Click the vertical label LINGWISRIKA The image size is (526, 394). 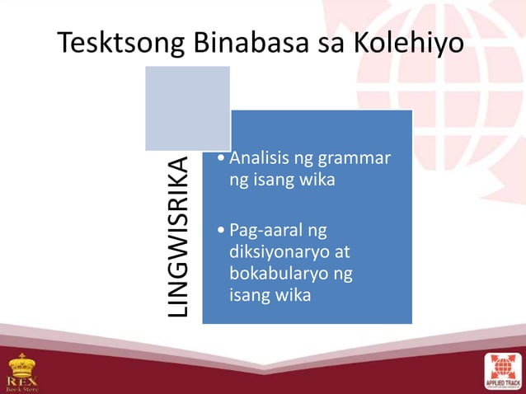(x=179, y=237)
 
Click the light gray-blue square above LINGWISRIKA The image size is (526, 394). (x=187, y=109)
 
